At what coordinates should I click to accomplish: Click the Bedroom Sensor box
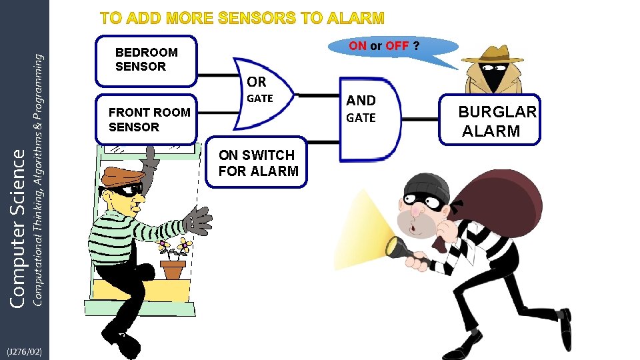coord(147,60)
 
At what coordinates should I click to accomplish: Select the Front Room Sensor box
coord(147,120)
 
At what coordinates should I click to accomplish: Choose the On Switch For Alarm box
coord(259,163)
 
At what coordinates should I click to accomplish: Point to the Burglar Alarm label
coord(497,121)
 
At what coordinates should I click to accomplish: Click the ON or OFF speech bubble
coord(393,47)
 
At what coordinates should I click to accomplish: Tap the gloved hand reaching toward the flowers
coord(197,220)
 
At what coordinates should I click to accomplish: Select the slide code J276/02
coord(24,351)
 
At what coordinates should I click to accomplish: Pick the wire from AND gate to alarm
coord(420,120)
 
